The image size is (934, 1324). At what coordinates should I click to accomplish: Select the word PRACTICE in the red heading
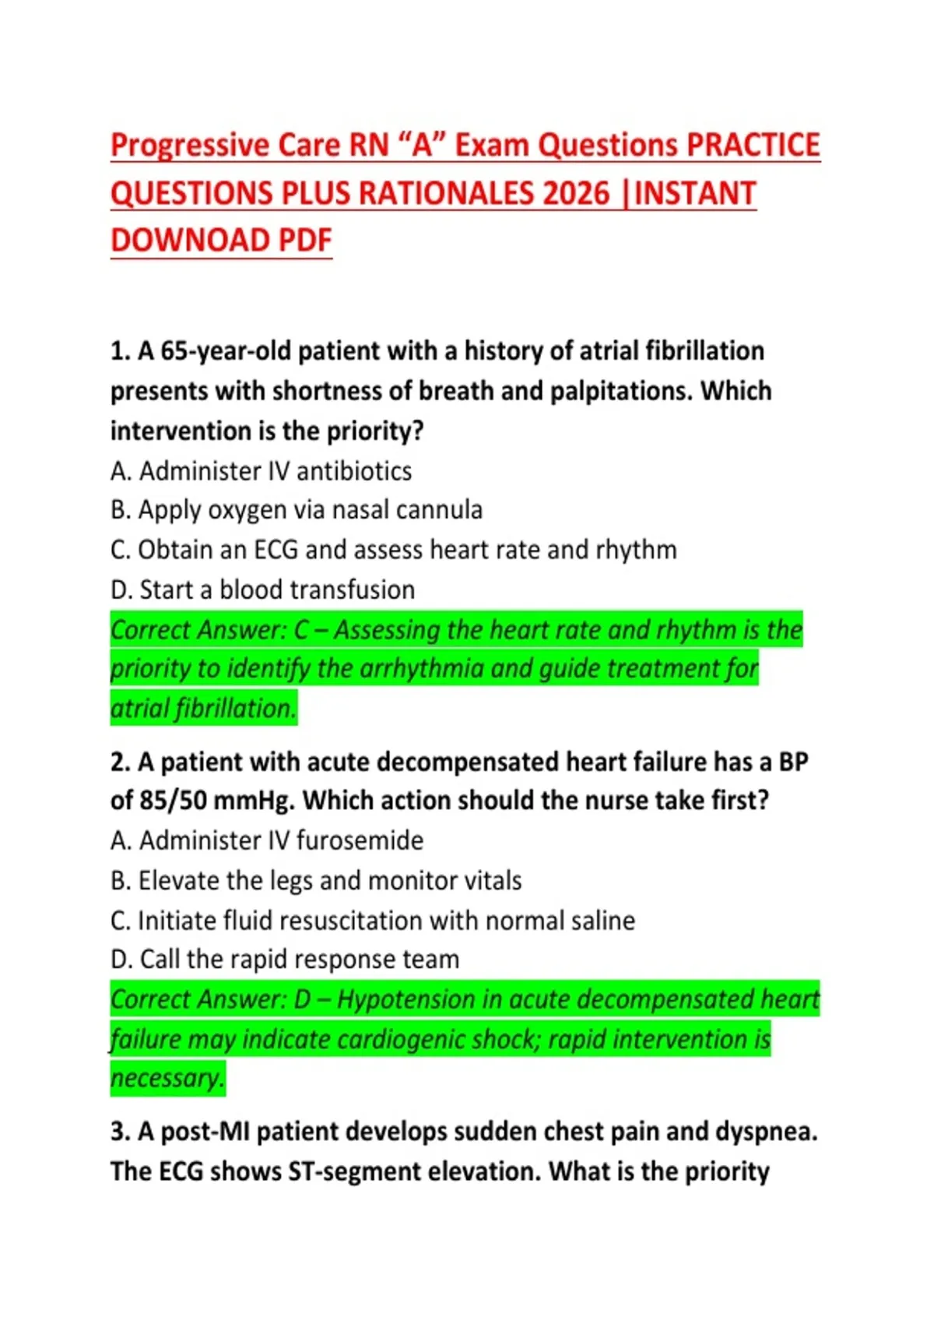point(753,146)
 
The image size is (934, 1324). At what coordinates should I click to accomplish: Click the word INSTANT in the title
point(695,193)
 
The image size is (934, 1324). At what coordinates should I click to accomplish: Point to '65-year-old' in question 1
point(226,351)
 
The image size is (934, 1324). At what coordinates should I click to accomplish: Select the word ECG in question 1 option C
point(276,550)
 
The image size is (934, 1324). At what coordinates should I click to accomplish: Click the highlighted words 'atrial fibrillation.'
point(203,709)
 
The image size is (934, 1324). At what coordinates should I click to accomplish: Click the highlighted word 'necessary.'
point(167,1079)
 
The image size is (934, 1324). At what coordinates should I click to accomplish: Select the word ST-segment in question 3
point(351,1171)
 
